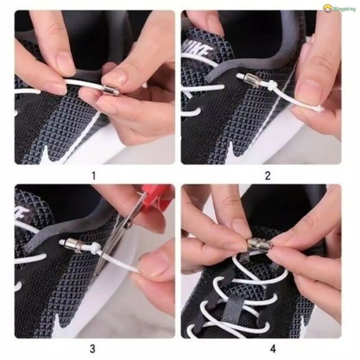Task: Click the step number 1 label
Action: [94, 176]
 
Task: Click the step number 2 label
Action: [268, 176]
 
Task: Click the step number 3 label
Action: [92, 349]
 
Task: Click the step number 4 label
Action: [273, 349]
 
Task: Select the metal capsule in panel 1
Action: [110, 90]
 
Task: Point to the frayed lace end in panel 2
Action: [318, 108]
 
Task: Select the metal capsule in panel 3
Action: [73, 245]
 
